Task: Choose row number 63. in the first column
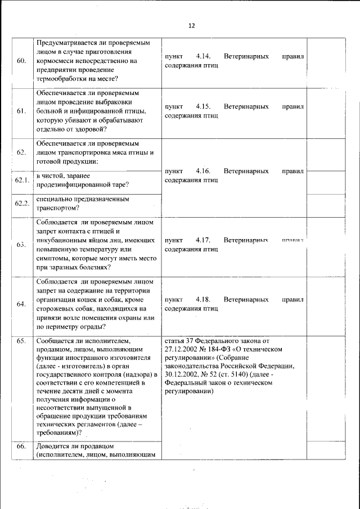(x=21, y=245)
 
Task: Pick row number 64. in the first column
(x=21, y=304)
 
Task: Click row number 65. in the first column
(x=21, y=341)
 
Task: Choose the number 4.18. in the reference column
(x=203, y=300)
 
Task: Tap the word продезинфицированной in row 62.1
(x=71, y=185)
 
